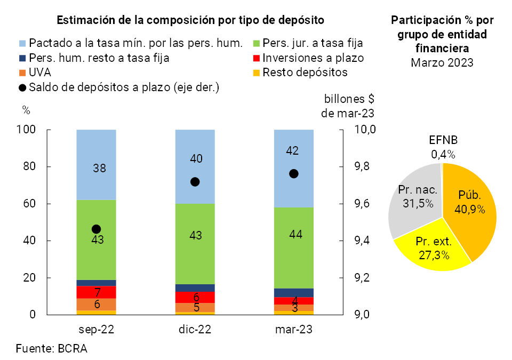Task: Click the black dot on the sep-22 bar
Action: (97, 229)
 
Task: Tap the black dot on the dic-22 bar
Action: (195, 182)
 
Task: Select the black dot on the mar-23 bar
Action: (294, 174)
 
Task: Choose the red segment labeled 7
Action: (97, 292)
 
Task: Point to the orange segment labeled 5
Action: (195, 307)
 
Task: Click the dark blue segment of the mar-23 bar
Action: (294, 292)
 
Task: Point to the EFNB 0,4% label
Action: (443, 148)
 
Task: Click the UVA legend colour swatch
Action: (22, 72)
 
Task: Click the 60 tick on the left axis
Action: (29, 204)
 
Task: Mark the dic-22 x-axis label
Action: (195, 330)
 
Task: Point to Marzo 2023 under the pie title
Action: (442, 62)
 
